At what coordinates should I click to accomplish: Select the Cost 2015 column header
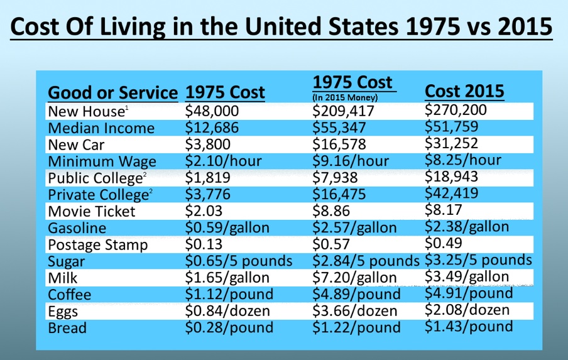click(464, 91)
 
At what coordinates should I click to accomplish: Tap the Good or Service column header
click(113, 93)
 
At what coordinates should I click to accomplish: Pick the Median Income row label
click(101, 128)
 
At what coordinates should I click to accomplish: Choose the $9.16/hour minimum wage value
click(354, 161)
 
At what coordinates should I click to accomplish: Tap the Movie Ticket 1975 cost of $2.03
click(205, 210)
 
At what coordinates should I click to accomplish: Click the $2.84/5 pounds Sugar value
click(366, 261)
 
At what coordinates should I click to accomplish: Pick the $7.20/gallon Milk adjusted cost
click(354, 278)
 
